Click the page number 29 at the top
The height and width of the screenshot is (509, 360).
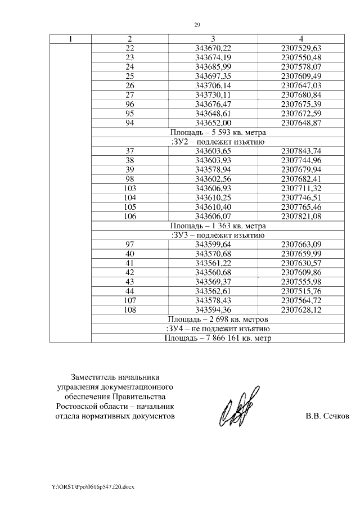pos(197,25)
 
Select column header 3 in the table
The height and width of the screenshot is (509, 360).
pos(213,39)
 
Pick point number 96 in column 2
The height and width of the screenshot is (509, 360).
pos(130,104)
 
